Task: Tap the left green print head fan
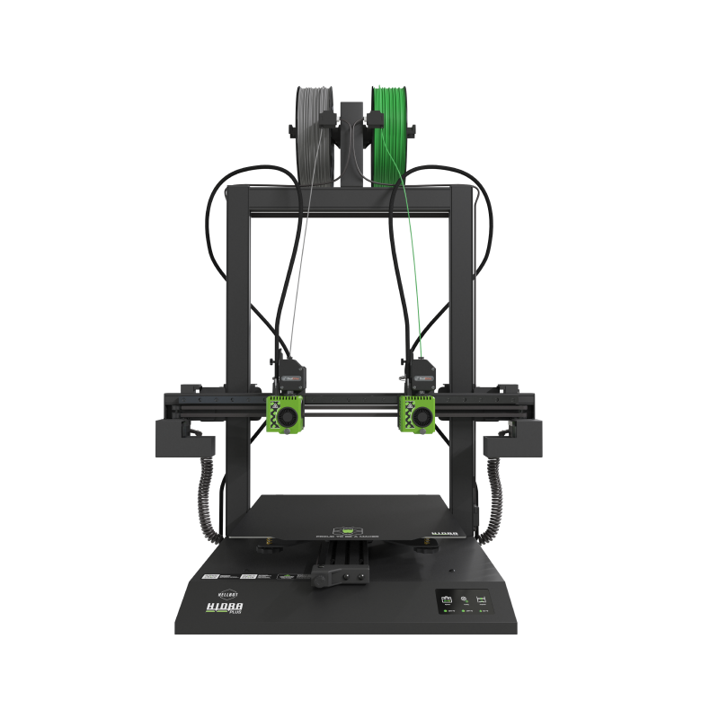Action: coord(286,416)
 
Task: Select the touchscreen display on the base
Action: coord(463,604)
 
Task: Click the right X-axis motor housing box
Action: coord(517,439)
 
